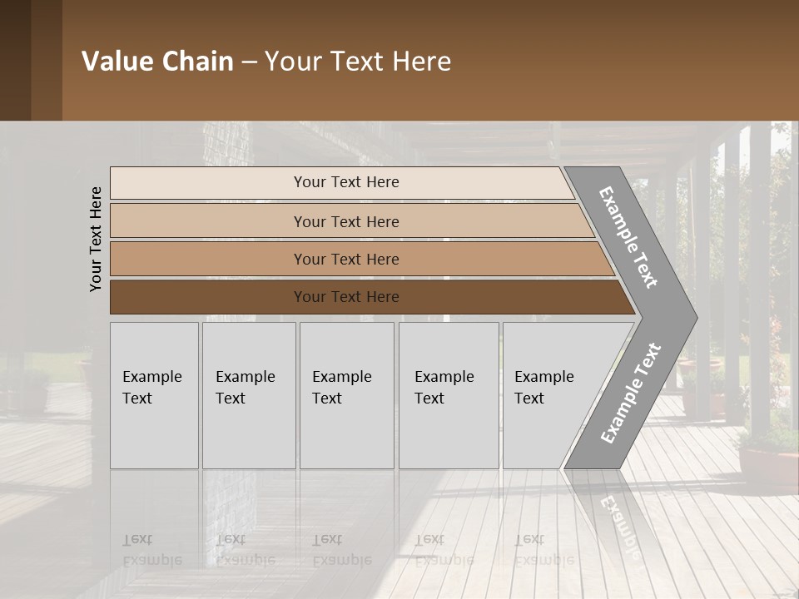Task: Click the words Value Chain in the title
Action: coord(157,62)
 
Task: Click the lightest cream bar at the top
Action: coord(208,182)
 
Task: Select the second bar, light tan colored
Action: coord(208,221)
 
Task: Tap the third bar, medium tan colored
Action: coord(208,259)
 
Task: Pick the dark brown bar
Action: coord(208,297)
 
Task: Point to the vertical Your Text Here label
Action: coord(96,240)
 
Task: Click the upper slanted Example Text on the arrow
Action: coord(628,237)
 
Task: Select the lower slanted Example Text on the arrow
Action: coord(630,394)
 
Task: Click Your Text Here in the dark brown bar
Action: coord(346,297)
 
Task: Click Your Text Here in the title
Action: coord(358,62)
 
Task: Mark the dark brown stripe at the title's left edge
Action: coord(15,60)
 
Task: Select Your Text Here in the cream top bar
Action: coord(346,182)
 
